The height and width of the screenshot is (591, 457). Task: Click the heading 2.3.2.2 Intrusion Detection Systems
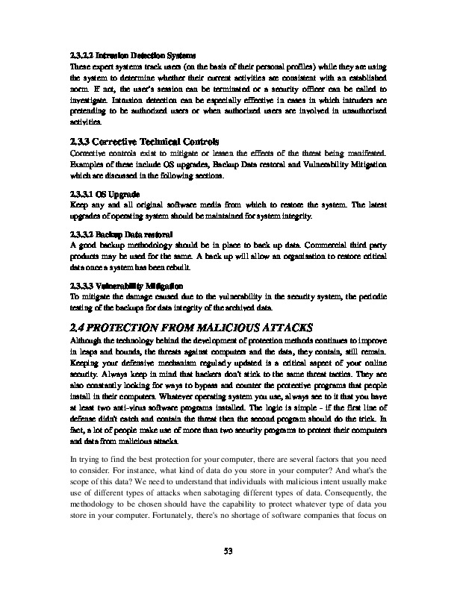pyautogui.click(x=132, y=56)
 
